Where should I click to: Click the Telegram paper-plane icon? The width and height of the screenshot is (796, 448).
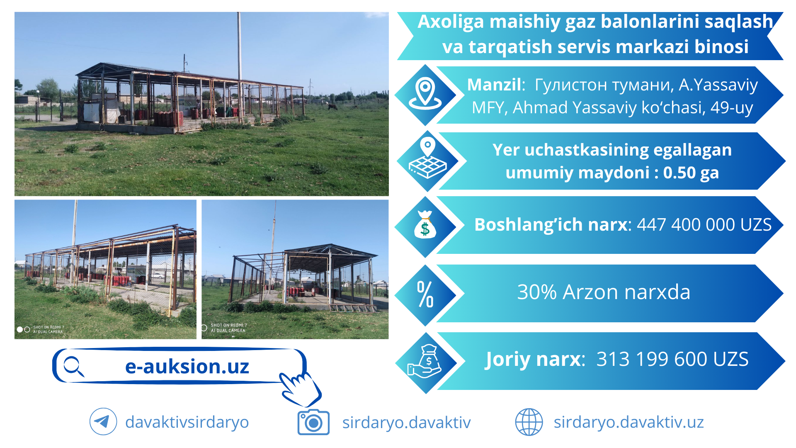coord(103,421)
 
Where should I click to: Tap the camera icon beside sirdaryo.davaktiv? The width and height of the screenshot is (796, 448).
coord(313,422)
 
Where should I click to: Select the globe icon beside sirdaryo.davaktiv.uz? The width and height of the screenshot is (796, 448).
coord(529,422)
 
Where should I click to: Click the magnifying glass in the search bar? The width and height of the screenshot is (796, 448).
coord(74,366)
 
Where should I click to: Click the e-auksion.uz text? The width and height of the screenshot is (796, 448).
coord(187,367)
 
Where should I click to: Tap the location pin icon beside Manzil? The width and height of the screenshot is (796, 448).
coord(425,93)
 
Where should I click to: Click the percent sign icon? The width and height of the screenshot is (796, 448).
coord(425,294)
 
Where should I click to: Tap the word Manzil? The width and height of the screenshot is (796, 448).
coord(494,85)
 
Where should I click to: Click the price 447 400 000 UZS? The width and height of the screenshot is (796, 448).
coord(704,224)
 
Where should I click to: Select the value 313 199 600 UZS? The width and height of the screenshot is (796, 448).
coord(672,359)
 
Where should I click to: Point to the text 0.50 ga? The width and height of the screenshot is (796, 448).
coord(691,173)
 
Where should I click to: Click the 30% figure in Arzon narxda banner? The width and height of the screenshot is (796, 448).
coord(537,292)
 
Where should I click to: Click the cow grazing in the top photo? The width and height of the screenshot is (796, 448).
coord(332,107)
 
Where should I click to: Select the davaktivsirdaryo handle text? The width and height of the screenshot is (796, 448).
coord(187,422)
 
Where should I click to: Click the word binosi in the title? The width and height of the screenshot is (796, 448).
coord(721,46)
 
